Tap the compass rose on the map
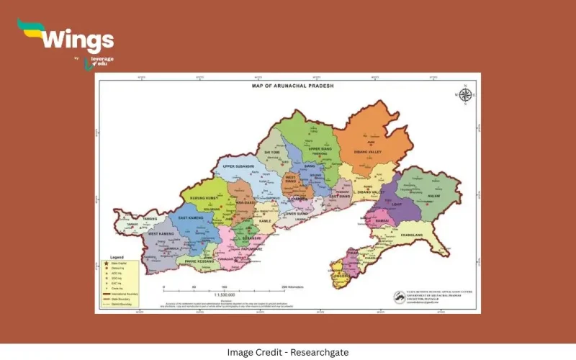click(x=465, y=94)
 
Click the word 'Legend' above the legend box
click(x=117, y=257)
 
